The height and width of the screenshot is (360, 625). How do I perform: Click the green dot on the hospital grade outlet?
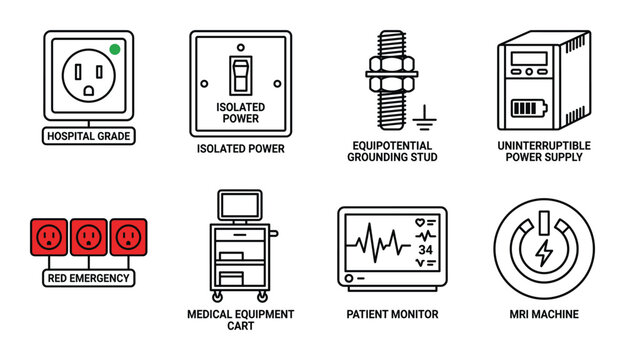tap(114, 48)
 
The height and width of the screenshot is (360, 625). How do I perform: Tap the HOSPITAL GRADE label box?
tap(88, 135)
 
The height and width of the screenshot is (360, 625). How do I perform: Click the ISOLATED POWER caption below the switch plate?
tap(240, 149)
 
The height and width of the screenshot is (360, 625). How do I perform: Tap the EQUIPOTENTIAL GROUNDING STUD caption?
tap(392, 151)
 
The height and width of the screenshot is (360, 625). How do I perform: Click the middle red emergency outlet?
tap(88, 238)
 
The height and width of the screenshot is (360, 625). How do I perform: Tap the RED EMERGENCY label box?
tap(88, 277)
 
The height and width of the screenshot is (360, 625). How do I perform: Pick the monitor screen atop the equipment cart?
tap(240, 206)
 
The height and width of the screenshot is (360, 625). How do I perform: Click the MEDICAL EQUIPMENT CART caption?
tap(240, 320)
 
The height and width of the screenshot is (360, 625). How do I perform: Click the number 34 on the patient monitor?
tap(425, 249)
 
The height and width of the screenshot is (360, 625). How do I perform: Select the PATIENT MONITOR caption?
tap(392, 314)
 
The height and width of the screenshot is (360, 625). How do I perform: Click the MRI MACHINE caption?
tap(545, 314)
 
